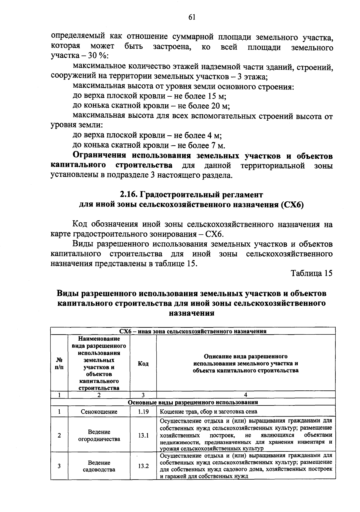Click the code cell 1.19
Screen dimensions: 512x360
click(143, 412)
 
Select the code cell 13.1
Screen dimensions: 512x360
click(143, 435)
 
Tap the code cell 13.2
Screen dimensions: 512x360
click(143, 466)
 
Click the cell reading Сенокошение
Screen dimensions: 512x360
click(99, 412)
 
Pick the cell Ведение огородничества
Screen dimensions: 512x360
click(99, 435)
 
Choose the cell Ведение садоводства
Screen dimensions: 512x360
click(99, 466)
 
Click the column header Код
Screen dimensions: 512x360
click(143, 363)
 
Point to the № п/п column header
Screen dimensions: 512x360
click(59, 363)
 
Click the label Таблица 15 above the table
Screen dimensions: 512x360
click(311, 273)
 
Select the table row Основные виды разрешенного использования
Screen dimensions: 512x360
click(193, 402)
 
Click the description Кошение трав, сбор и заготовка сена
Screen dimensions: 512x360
click(208, 412)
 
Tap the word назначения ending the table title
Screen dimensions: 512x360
click(192, 313)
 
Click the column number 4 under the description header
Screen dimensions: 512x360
click(245, 395)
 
